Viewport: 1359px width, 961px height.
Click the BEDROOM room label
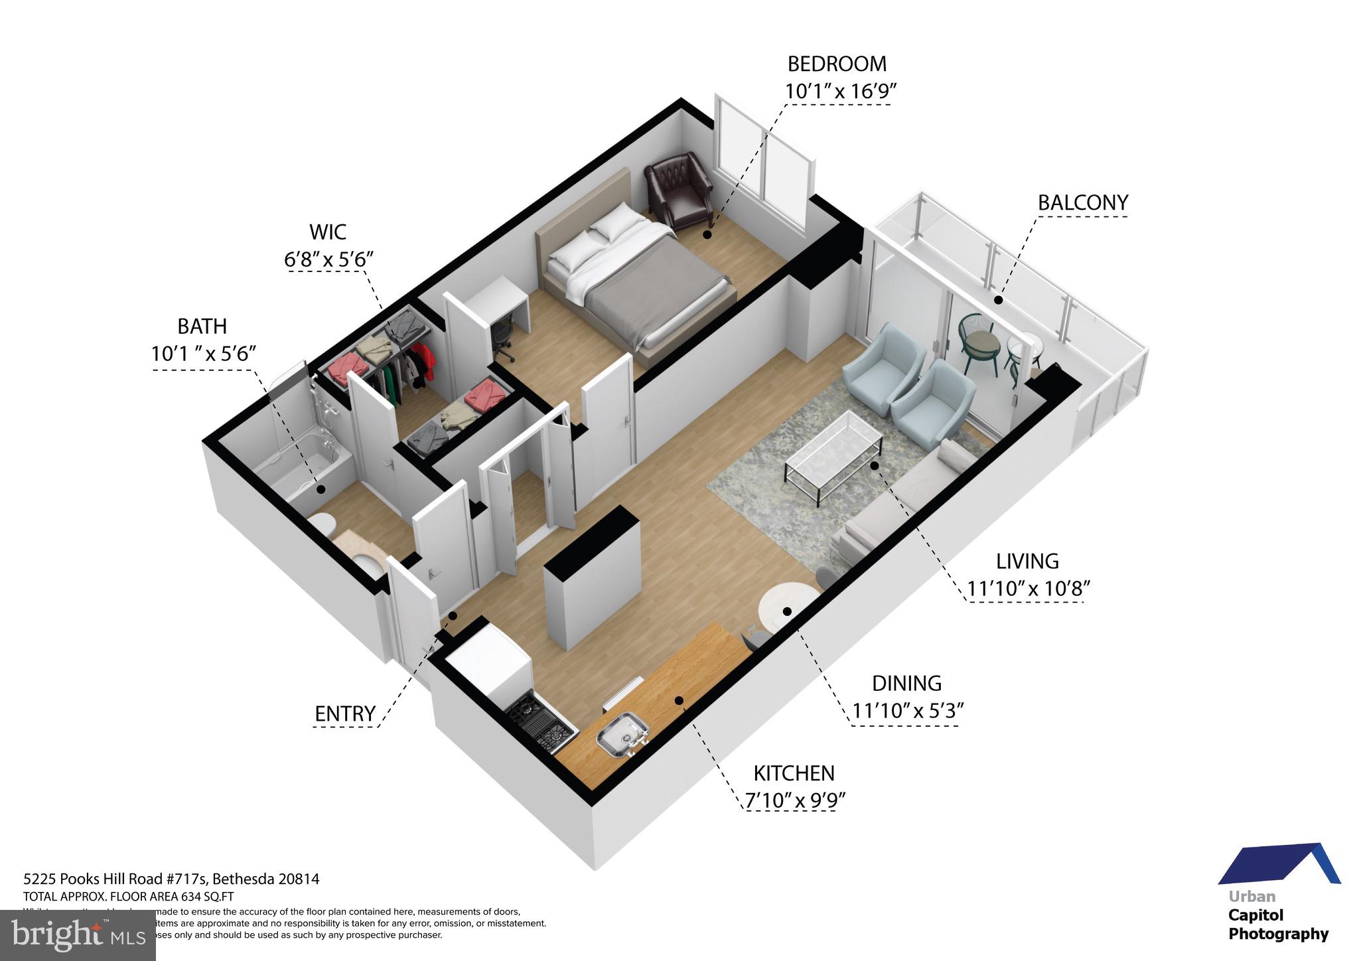click(837, 64)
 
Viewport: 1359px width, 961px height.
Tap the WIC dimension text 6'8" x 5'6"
click(329, 259)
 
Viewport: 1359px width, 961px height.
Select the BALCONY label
click(1082, 203)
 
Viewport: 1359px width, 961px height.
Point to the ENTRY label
click(345, 714)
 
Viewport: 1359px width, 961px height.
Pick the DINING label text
click(906, 684)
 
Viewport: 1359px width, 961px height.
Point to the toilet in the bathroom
click(323, 526)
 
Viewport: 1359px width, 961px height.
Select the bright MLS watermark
click(78, 935)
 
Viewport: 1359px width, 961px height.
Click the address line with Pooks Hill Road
click(171, 879)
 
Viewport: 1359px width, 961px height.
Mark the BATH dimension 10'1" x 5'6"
click(203, 354)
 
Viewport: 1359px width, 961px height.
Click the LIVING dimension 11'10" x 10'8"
click(1028, 589)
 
